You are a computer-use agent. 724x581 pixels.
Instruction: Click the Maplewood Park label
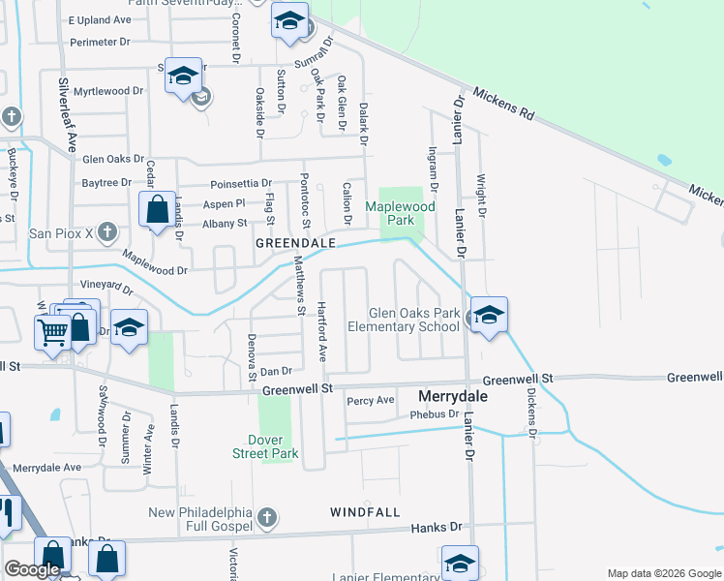(x=400, y=213)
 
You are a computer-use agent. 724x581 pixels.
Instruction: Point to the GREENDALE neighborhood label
(x=295, y=244)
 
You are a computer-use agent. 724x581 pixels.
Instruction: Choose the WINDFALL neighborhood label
(x=365, y=511)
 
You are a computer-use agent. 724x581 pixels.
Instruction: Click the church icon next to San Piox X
(x=107, y=232)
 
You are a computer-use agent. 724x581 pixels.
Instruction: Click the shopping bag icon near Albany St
(x=157, y=209)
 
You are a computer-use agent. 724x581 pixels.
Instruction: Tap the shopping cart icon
(x=52, y=331)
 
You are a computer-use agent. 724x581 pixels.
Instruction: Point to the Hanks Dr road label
(x=436, y=528)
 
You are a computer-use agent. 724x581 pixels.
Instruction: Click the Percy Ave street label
(x=371, y=401)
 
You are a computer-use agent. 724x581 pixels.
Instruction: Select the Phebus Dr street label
(x=433, y=414)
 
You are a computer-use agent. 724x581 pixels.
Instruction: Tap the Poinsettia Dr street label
(x=240, y=184)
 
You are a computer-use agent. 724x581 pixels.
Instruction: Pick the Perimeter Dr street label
(x=100, y=43)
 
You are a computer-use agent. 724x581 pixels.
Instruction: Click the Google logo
(x=32, y=569)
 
